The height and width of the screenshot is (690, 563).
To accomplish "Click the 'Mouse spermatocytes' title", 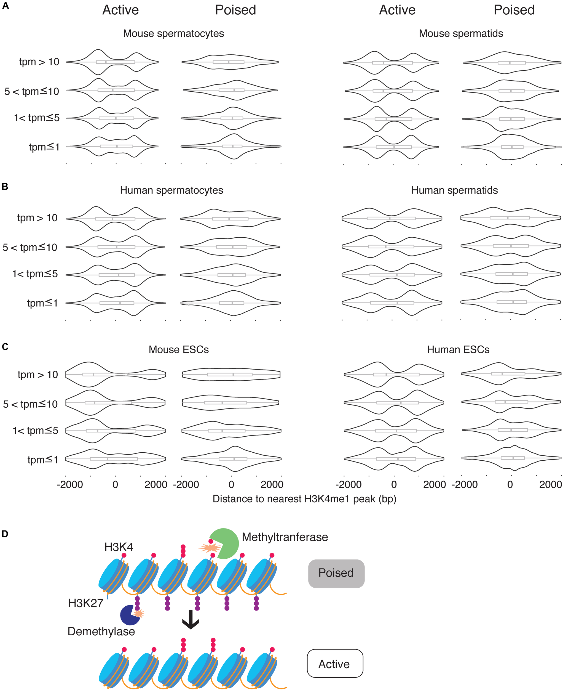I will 173,33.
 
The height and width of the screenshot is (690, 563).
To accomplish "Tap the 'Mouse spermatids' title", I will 460,33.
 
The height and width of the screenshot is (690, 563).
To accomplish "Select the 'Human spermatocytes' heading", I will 171,190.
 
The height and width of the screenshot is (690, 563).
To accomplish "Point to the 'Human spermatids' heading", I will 454,190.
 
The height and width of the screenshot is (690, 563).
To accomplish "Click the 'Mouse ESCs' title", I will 178,350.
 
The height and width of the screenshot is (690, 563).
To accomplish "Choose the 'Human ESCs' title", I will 458,350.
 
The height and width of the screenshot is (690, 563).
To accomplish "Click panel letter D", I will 5,534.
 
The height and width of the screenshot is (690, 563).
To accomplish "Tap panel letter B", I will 5,187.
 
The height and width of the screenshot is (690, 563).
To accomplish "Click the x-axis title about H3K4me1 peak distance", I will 304,499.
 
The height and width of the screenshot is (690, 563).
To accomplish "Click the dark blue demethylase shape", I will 129,615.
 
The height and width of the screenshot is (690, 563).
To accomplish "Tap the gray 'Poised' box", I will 336,573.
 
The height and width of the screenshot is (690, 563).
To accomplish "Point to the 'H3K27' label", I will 86,603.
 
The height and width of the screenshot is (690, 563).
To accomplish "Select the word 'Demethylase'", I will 101,631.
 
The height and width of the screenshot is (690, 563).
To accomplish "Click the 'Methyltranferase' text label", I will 285,537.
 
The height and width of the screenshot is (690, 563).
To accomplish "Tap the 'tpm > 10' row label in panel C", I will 37,375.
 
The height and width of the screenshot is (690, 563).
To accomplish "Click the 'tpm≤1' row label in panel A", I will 44,147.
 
